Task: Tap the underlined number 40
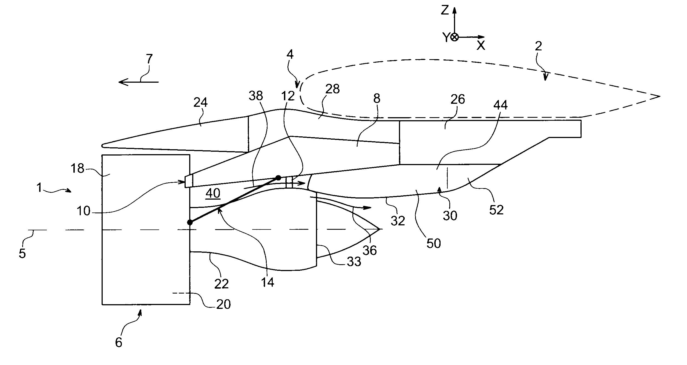(213, 193)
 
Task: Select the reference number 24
(200, 103)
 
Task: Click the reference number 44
(500, 105)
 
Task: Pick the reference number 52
(496, 210)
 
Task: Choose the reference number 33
(354, 262)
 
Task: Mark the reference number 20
(223, 304)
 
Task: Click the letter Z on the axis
(445, 10)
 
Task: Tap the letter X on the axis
(481, 45)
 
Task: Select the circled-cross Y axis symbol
(455, 37)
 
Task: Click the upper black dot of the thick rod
(278, 178)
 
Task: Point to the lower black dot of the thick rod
(190, 222)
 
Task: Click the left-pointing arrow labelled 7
(139, 82)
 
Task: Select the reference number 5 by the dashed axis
(22, 254)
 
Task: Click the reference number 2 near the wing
(538, 46)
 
